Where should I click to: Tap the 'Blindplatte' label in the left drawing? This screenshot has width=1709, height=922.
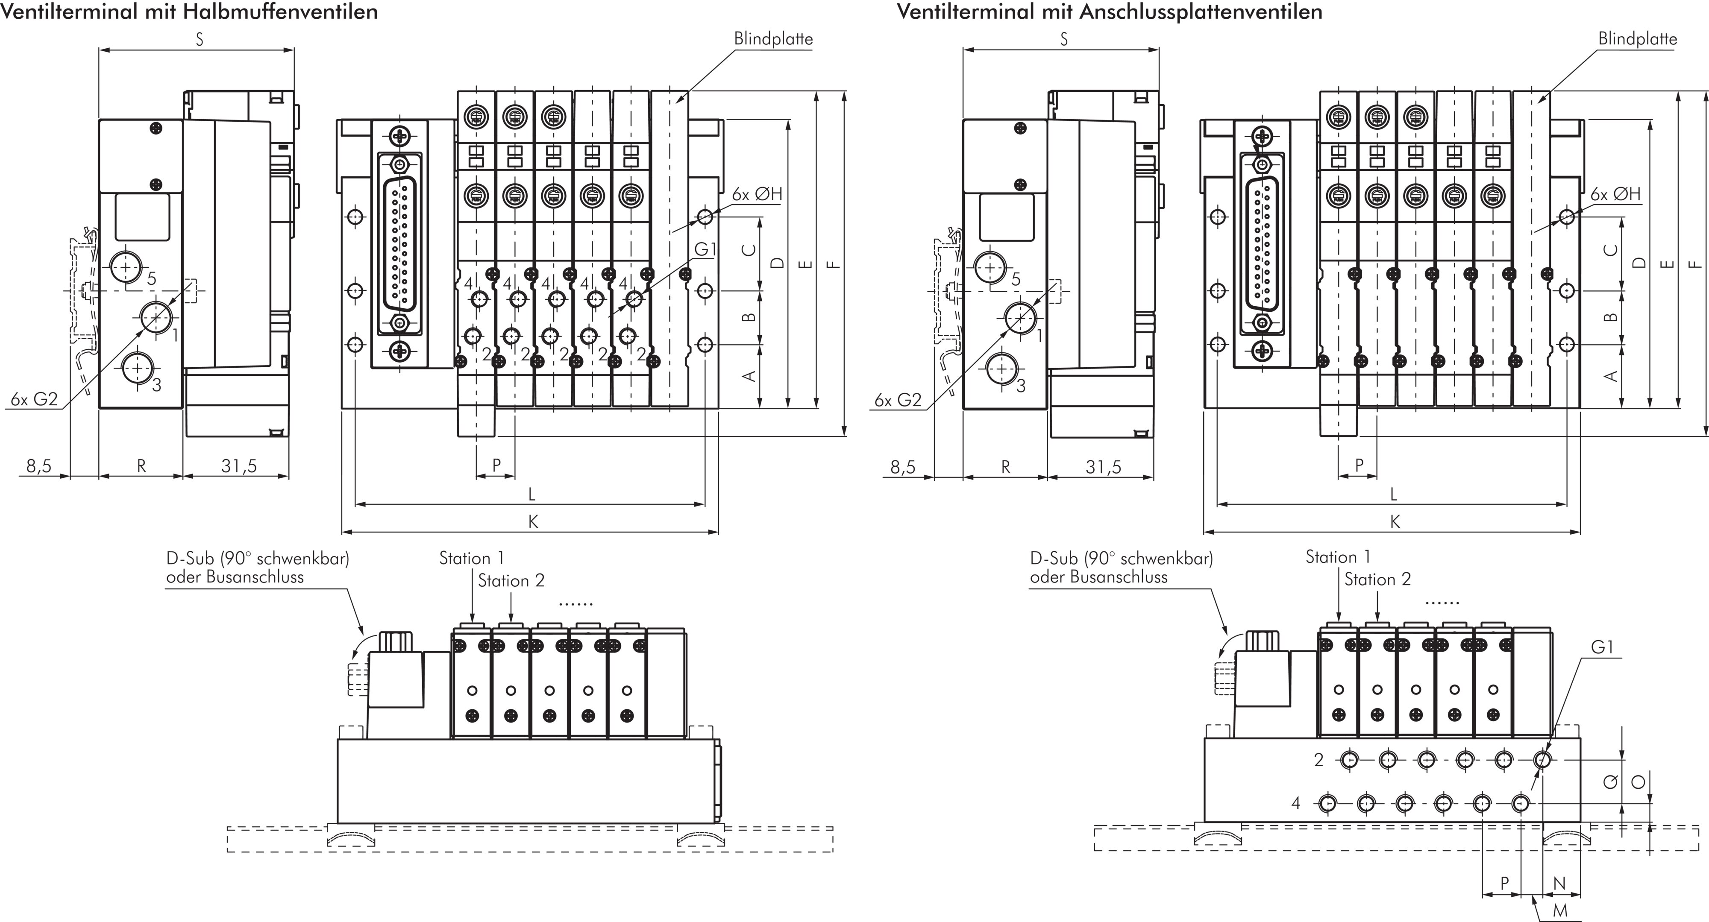click(773, 38)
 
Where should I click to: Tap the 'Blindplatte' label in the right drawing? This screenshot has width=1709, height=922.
click(1637, 38)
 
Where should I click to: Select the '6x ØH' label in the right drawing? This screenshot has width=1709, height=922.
click(1615, 194)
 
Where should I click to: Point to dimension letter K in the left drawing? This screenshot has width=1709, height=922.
click(533, 522)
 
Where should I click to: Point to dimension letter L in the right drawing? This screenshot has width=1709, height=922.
click(1393, 494)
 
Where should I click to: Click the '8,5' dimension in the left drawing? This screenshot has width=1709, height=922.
click(38, 466)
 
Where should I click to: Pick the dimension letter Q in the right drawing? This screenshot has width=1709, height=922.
click(1609, 783)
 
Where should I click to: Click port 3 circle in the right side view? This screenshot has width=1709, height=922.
click(1001, 369)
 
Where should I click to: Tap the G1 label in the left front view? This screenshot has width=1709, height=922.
click(705, 249)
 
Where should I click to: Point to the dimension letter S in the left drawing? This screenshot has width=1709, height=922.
click(199, 39)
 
